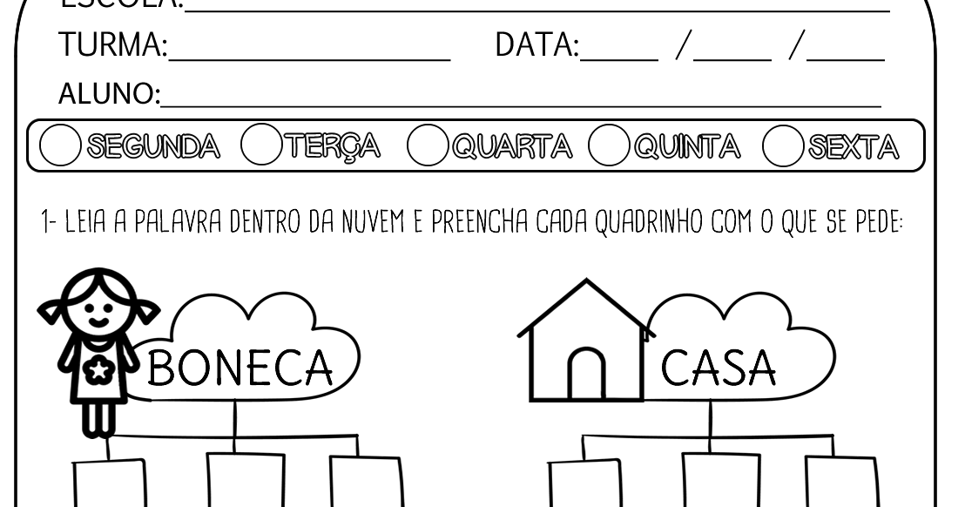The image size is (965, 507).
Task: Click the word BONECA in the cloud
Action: [x=240, y=368]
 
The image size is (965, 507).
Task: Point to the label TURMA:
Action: [x=112, y=45]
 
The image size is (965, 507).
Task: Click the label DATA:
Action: [x=536, y=45]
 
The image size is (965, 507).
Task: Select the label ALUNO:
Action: [x=109, y=93]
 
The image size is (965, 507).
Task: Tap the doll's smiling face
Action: [x=99, y=307]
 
